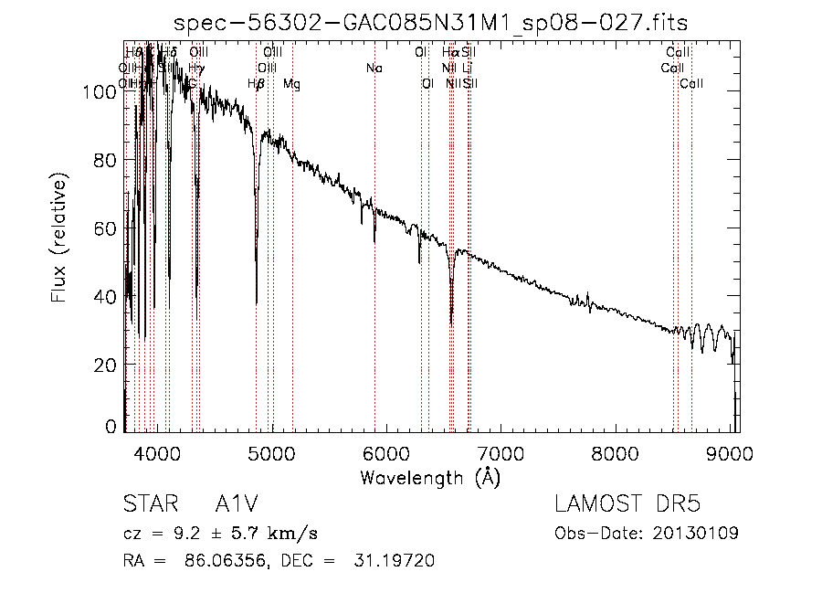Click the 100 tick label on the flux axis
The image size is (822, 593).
pos(98,91)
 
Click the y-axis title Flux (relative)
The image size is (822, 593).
pos(60,241)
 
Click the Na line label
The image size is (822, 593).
pos(374,69)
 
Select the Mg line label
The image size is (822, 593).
pos(291,84)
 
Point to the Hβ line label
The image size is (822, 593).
pos(257,84)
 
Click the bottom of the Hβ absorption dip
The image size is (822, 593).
pos(257,302)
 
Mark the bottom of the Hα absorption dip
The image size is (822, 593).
pos(451,323)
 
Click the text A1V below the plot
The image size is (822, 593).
pos(237,504)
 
